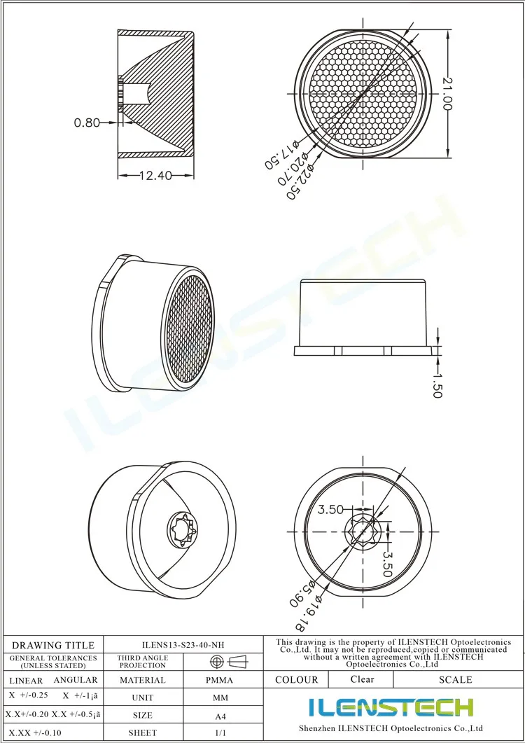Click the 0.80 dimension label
click(87, 123)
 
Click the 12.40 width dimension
click(155, 176)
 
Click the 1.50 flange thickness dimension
click(437, 384)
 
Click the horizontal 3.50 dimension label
click(330, 510)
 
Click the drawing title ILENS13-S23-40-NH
click(183, 645)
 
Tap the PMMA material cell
click(220, 680)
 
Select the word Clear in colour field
click(362, 679)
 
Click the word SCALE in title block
click(455, 679)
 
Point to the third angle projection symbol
click(229, 662)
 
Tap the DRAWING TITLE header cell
click(53, 645)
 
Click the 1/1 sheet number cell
click(220, 732)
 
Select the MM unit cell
click(220, 698)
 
